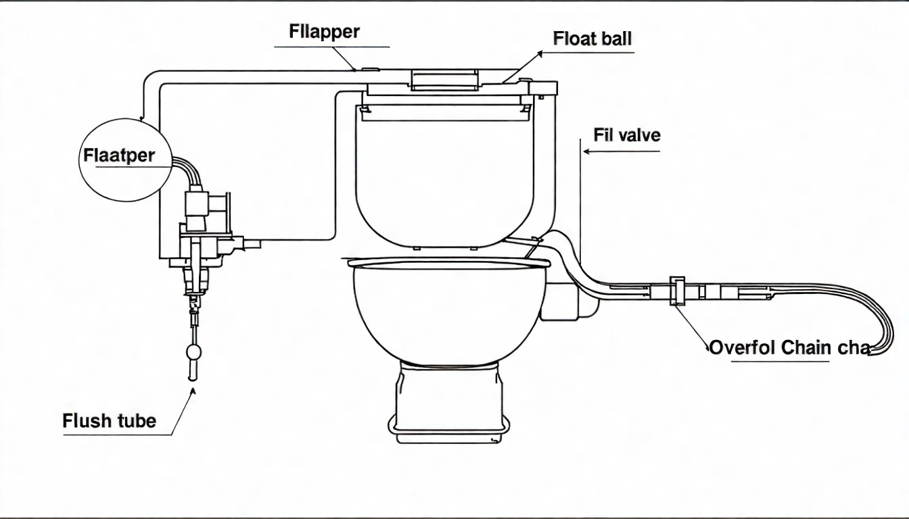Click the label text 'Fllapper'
click(324, 32)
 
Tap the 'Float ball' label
click(592, 39)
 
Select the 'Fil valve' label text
click(626, 134)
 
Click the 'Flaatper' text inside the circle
click(119, 155)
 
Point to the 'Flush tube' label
click(109, 421)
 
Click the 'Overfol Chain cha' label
click(789, 348)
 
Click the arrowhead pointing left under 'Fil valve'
click(587, 152)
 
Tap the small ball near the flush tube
click(193, 351)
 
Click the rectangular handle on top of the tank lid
click(446, 78)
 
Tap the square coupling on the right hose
click(676, 292)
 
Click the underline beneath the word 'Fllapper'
click(331, 47)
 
